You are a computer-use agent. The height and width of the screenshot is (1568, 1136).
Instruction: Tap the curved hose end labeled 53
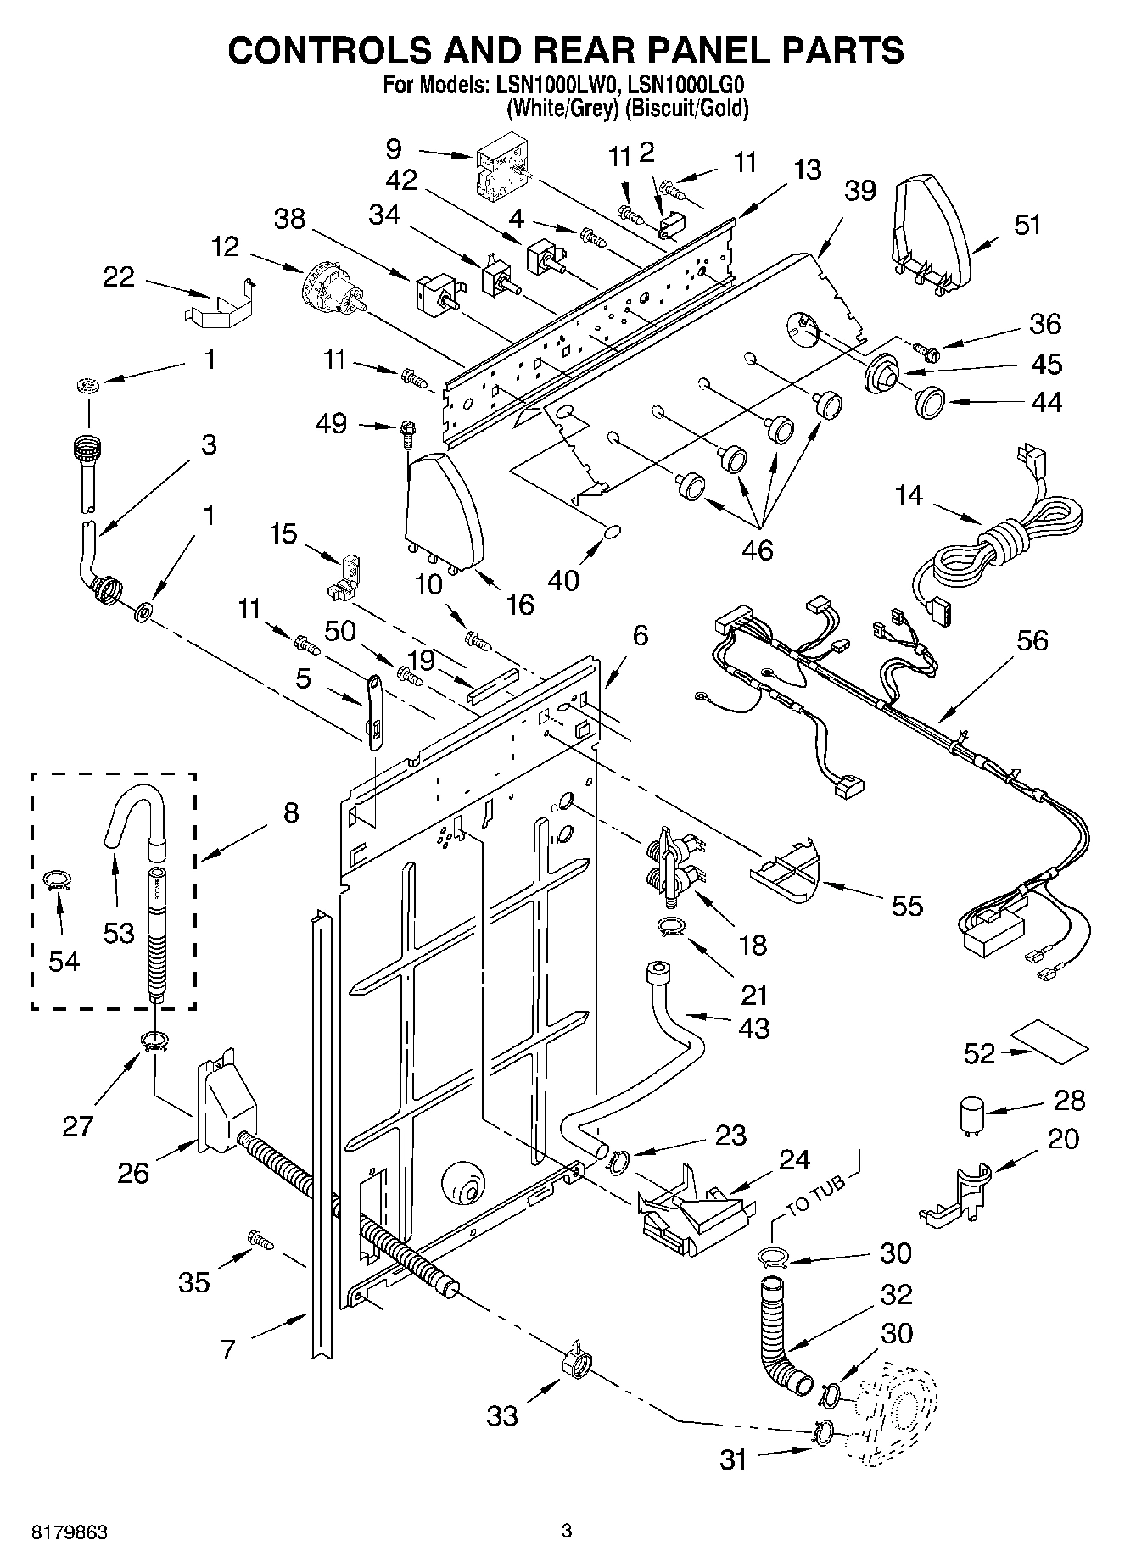point(132,815)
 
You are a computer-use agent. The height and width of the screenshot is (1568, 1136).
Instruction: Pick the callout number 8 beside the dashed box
point(290,813)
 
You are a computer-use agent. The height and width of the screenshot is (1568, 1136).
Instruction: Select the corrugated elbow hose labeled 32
point(781,1339)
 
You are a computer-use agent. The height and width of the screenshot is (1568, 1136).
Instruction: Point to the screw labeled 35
point(260,1240)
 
